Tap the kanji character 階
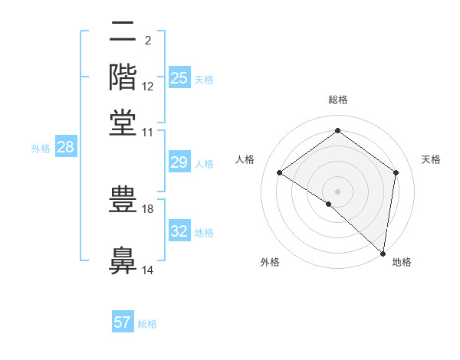coord(123,77)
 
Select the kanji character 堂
coord(123,123)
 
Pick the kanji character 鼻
coord(123,260)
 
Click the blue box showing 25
coord(179,78)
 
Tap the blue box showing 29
coord(179,162)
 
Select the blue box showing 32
coord(179,231)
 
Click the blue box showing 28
coord(65,147)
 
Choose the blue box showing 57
coord(123,322)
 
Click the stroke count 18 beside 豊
coord(149,208)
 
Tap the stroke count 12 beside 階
coord(149,87)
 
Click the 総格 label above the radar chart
coord(338,100)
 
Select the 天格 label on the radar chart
coord(431,159)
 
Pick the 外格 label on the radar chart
coord(270,262)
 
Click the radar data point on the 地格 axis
coord(383,253)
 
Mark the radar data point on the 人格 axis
coord(280,172)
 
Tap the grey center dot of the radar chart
coord(338,191)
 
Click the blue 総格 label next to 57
coord(147,324)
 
